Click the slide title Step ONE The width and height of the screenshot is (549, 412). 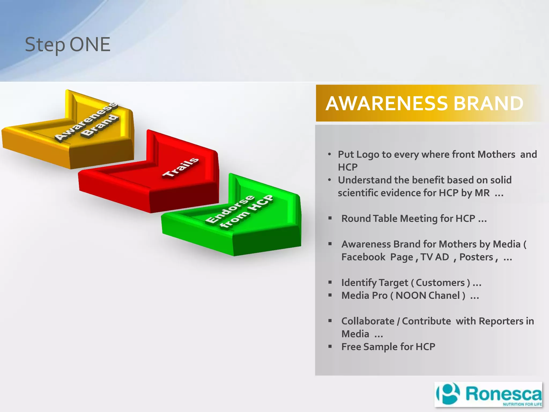(68, 45)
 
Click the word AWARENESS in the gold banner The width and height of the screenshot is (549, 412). (387, 104)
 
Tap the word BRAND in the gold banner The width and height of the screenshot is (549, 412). (488, 104)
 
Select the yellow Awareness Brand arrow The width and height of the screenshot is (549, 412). (80, 134)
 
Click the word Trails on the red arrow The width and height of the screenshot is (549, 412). (181, 168)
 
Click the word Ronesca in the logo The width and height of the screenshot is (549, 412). (503, 394)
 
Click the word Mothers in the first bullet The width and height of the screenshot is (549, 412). (496, 154)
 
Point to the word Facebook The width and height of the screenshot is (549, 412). (363, 257)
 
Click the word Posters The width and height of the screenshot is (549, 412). (476, 257)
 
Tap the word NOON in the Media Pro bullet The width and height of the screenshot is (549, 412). (410, 296)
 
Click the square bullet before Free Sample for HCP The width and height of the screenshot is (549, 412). (330, 347)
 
